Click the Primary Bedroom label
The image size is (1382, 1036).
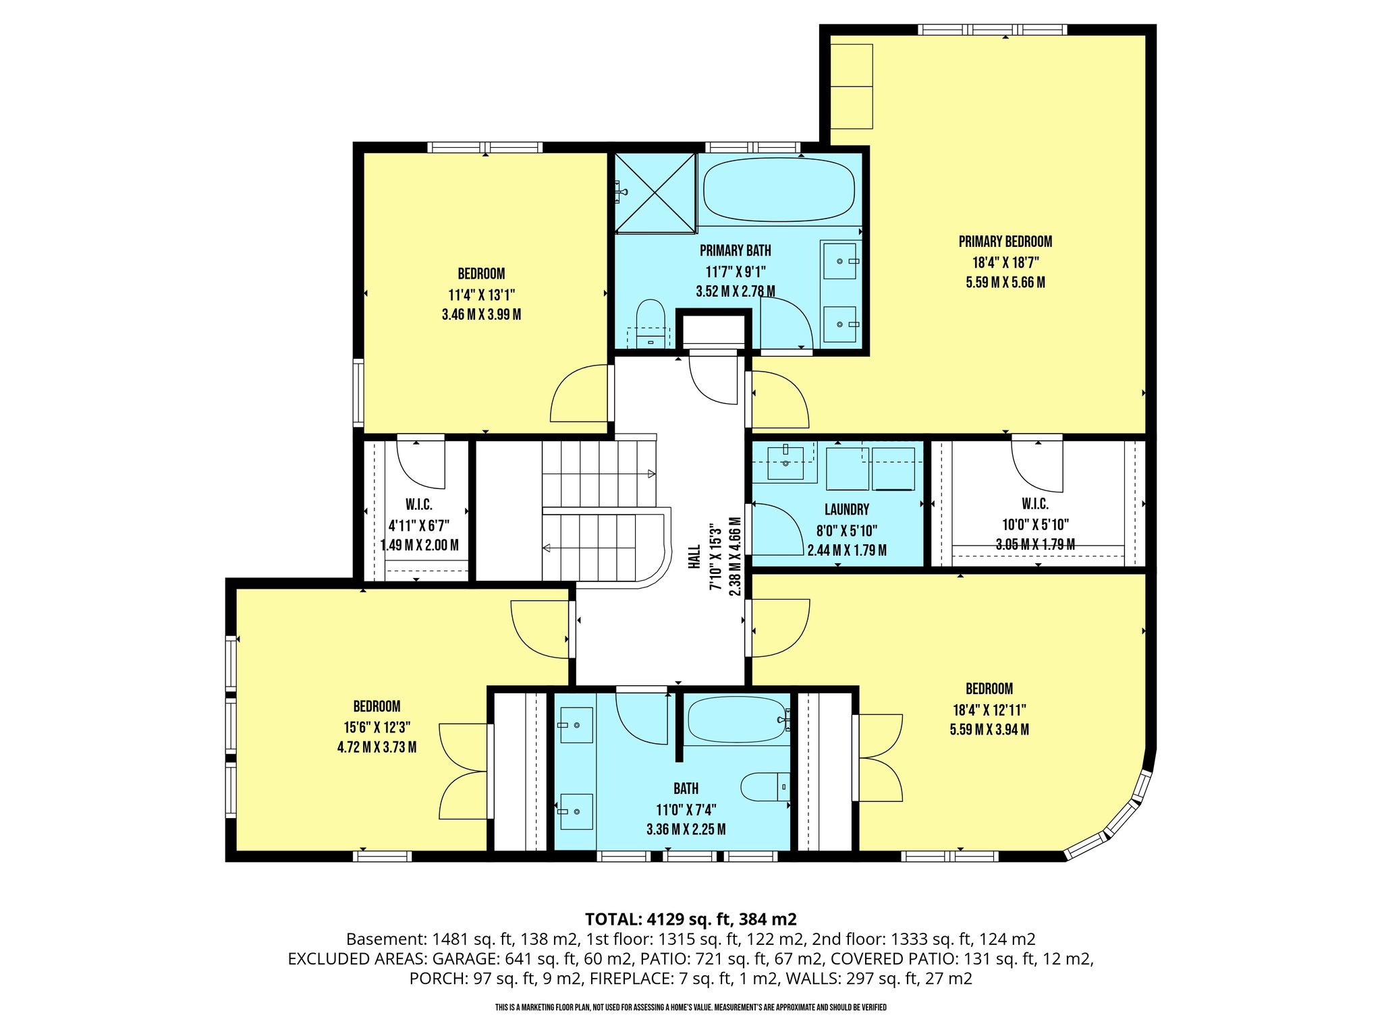coord(1005,241)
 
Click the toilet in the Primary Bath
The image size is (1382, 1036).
coord(651,324)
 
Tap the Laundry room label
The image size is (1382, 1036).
coord(847,510)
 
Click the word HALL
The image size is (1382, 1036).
coord(694,557)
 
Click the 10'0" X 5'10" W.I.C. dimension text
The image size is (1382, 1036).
coord(1035,524)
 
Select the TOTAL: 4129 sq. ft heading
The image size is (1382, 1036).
coord(691,919)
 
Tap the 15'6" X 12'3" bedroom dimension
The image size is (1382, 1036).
coord(377,727)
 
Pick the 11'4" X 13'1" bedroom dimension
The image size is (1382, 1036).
coord(481,295)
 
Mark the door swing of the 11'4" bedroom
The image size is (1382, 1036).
coord(580,393)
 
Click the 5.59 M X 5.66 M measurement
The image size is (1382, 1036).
coord(1005,282)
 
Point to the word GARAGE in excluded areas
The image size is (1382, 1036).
coord(466,959)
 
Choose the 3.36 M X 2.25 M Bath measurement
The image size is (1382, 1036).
coord(686,829)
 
